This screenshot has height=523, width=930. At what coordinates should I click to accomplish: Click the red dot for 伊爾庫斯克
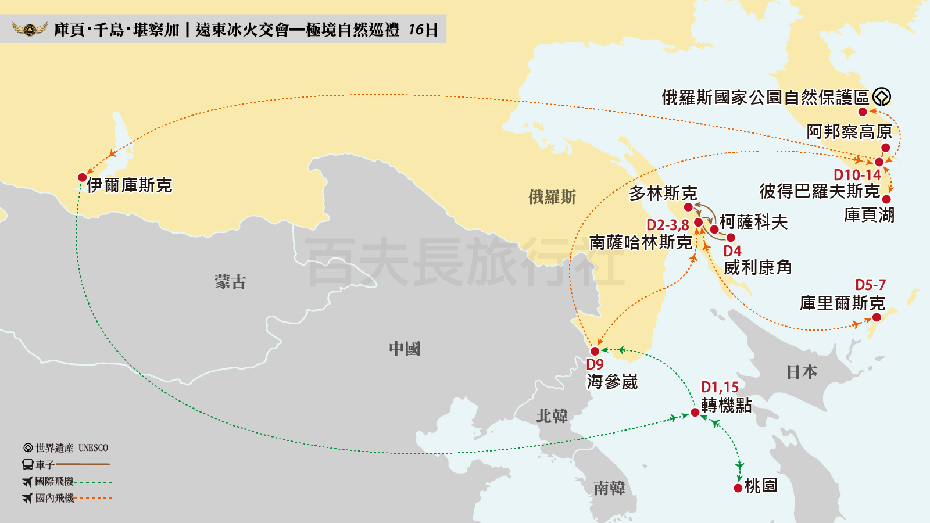(83, 177)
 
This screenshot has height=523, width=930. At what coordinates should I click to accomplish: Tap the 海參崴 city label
(612, 382)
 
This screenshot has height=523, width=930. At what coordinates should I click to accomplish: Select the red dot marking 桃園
(738, 488)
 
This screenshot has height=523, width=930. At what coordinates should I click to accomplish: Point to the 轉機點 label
(726, 405)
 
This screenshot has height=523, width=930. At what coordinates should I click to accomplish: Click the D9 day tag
(595, 364)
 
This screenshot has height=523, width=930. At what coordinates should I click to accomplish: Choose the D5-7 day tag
(870, 285)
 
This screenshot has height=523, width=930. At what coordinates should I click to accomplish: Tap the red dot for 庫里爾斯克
(877, 317)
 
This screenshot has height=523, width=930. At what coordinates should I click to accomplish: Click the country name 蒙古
(230, 282)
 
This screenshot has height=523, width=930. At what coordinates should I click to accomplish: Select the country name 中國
(404, 349)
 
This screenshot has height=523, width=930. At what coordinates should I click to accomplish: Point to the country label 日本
(802, 372)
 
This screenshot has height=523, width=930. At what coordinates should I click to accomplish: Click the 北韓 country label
(552, 416)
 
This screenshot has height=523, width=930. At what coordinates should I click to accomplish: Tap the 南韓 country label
(609, 488)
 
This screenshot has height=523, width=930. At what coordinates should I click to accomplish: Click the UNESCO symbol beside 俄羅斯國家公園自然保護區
(882, 96)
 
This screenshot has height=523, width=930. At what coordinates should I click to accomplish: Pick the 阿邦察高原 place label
(849, 132)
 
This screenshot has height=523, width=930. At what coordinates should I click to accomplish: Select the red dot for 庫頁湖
(886, 199)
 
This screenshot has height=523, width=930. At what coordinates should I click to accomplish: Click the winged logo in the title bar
(30, 28)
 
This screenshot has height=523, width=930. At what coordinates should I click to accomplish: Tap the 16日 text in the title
(423, 30)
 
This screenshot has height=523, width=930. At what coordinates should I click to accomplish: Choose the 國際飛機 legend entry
(54, 481)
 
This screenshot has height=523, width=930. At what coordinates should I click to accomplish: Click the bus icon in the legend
(28, 464)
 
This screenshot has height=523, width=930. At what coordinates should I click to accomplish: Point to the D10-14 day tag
(857, 175)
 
